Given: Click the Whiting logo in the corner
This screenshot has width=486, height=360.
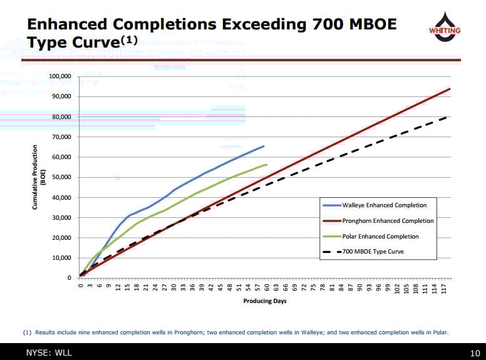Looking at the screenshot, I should [444, 28].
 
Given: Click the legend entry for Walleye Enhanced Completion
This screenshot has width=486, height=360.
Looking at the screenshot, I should [384, 205].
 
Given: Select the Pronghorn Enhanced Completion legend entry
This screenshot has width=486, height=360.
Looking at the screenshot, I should [388, 220].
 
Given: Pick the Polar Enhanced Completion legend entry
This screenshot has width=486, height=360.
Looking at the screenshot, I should [380, 236].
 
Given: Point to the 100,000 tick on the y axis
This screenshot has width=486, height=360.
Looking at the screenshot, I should [59, 76].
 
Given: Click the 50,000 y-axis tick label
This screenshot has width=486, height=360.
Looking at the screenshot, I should [61, 177].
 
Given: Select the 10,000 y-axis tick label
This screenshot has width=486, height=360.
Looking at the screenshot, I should [61, 258].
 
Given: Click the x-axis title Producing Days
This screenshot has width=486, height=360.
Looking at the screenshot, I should [265, 301].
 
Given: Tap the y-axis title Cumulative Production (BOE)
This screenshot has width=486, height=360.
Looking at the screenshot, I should [39, 177].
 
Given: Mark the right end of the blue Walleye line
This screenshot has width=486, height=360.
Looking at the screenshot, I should [264, 146].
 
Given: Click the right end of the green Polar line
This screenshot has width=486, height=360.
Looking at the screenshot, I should [267, 165].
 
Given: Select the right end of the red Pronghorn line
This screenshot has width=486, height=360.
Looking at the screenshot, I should [450, 89].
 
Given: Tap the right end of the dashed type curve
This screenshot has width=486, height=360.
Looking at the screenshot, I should [447, 117].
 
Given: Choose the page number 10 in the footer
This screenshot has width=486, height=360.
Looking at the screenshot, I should [474, 353].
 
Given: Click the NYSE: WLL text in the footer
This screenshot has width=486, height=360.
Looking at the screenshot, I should [49, 353].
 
